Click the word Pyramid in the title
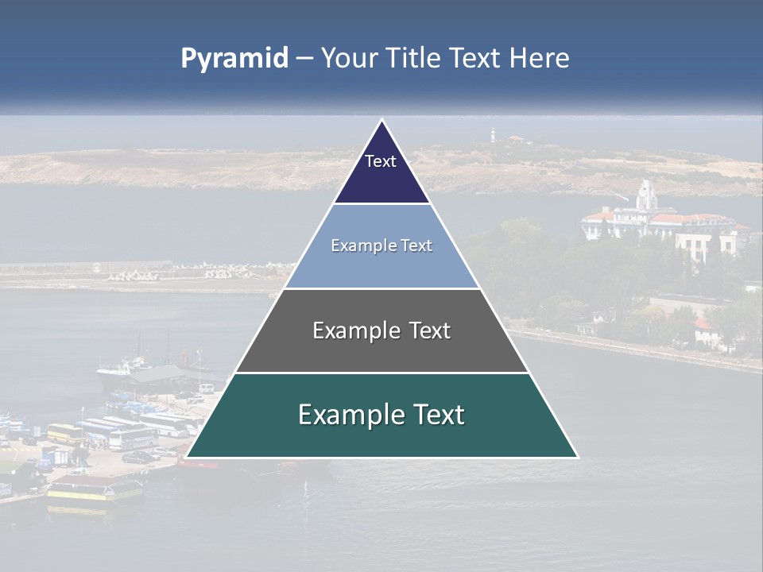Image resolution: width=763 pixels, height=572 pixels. pyautogui.click(x=234, y=59)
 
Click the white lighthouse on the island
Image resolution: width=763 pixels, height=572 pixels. pyautogui.click(x=492, y=133)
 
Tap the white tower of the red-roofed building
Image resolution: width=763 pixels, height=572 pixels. pyautogui.click(x=647, y=195)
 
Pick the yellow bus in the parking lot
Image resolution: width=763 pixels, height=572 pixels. pyautogui.click(x=64, y=433)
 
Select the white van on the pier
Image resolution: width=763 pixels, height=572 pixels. pyautogui.click(x=207, y=388)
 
